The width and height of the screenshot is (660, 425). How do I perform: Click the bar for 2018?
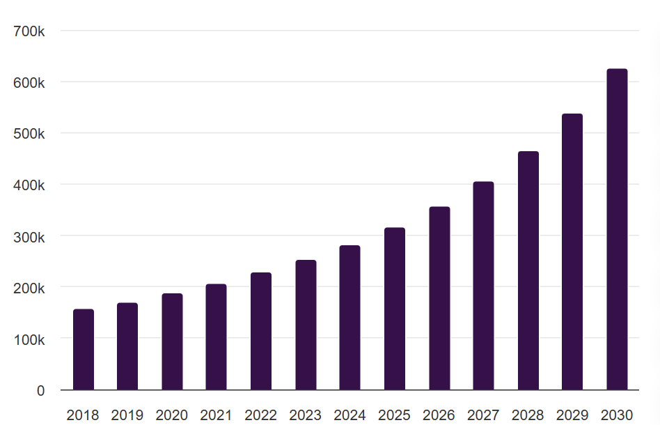84,350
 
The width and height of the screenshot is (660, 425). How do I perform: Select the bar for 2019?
127,346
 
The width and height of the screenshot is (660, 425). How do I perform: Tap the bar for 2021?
217,337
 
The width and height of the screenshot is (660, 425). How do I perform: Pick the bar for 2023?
306,325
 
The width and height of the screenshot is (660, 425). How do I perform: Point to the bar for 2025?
395,309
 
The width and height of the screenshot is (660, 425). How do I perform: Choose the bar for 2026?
439,298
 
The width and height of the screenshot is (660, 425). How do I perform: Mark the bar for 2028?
528,271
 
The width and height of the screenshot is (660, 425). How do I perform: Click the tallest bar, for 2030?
617,229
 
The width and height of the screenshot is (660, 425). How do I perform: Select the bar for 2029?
572,252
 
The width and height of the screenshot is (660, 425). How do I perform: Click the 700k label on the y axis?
29,31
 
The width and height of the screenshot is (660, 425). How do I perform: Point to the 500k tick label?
29,134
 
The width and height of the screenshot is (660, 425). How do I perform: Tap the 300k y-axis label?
29,237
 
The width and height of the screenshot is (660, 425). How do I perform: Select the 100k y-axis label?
29,339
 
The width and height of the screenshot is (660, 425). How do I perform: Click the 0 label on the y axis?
40,391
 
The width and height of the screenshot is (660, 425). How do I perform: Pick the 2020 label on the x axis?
172,415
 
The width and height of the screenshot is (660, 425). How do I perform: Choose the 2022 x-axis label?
261,415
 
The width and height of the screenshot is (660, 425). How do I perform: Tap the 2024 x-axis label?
350,415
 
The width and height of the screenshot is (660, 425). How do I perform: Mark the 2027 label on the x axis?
483,415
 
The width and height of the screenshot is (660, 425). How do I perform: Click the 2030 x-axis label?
617,415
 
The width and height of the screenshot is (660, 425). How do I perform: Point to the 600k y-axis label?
29,83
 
